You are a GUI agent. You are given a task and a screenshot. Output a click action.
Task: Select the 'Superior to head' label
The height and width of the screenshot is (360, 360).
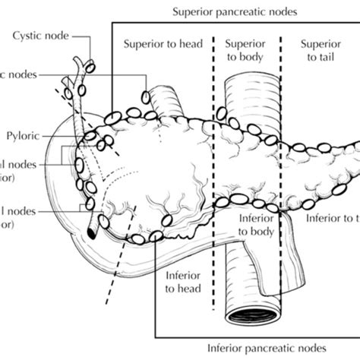coord(163,44)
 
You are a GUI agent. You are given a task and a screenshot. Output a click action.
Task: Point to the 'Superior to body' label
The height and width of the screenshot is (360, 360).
coord(246,51)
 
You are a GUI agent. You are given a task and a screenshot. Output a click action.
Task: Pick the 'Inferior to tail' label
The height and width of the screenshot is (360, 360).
coord(332,218)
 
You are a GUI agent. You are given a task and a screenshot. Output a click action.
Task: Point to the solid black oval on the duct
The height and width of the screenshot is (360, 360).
coord(92,231)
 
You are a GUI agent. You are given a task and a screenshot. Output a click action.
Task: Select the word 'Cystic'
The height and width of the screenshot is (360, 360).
coord(28,34)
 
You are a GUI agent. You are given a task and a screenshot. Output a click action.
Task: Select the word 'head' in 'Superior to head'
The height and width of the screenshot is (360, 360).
coord(187,44)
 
